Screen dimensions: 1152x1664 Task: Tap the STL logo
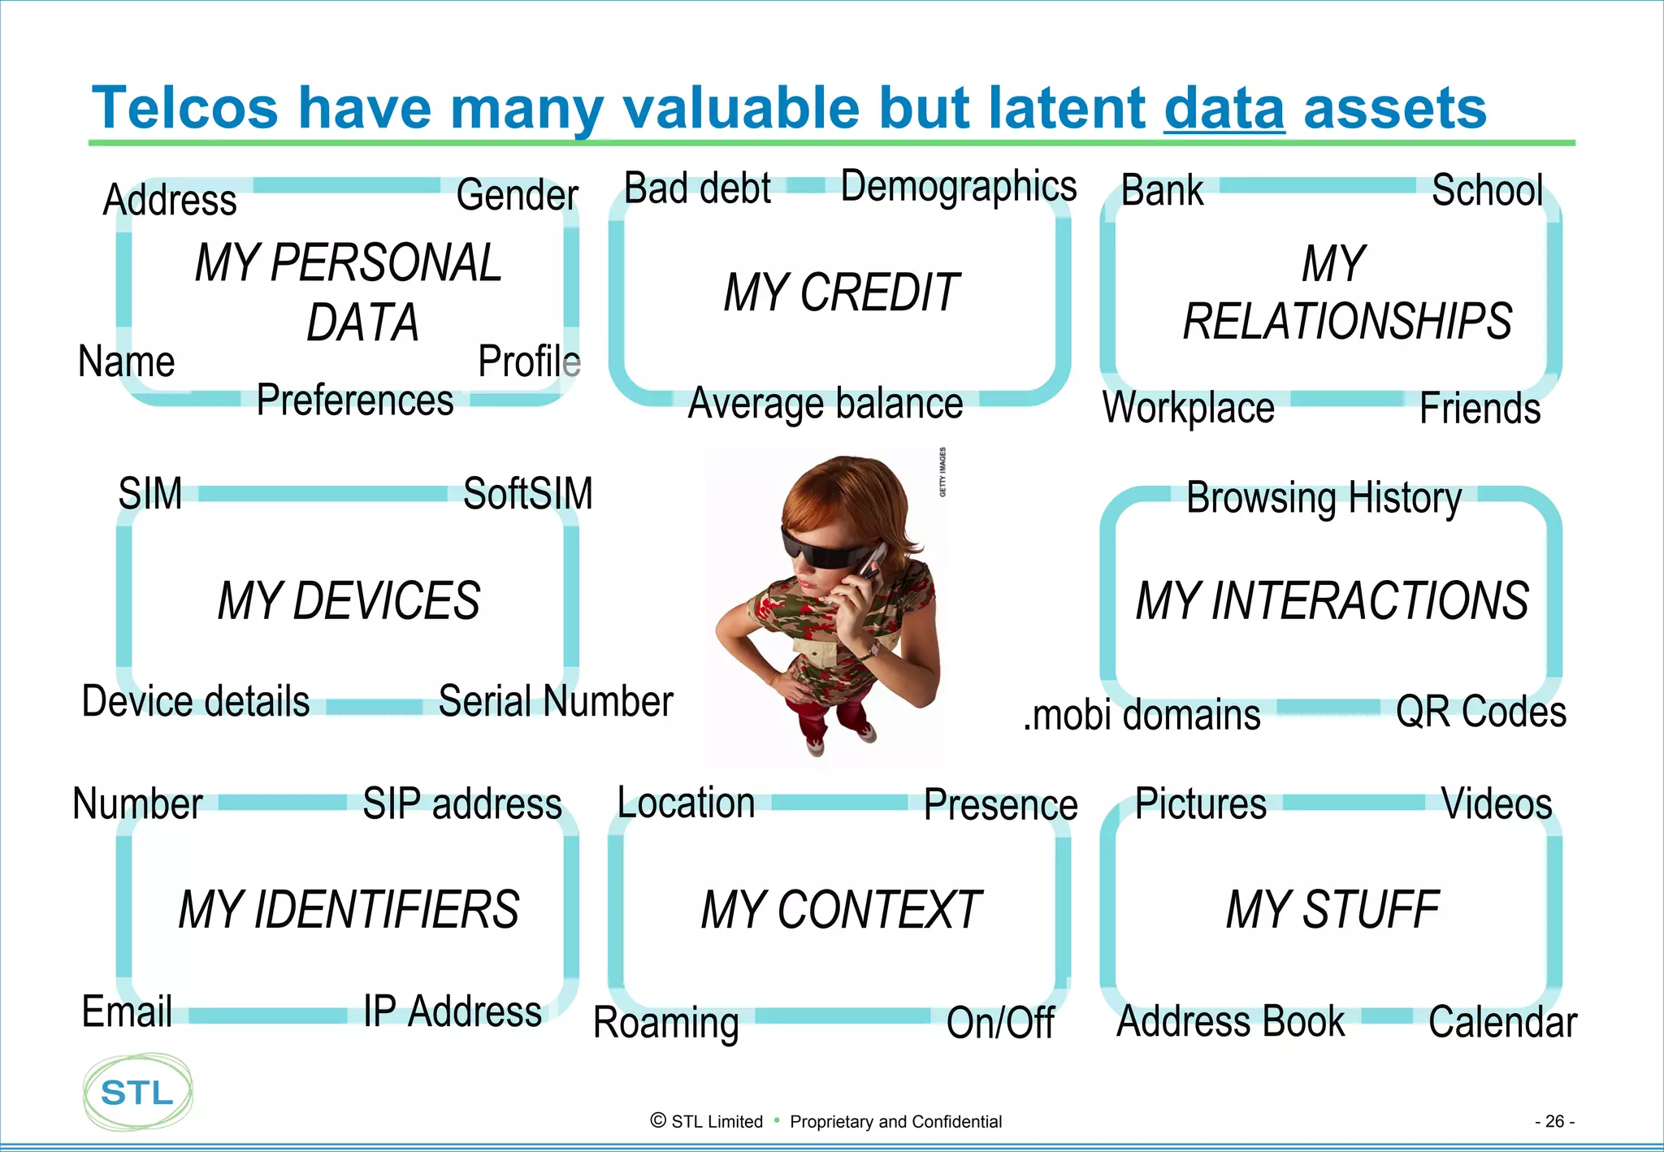point(137,1092)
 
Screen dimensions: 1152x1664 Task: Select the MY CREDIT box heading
point(841,292)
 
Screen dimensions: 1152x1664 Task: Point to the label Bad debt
point(697,188)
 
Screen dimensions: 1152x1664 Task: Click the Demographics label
point(958,187)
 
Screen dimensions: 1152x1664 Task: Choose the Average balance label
point(825,404)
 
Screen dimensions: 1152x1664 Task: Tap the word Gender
point(518,195)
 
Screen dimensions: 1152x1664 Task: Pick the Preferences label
point(355,400)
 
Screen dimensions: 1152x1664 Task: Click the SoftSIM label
point(528,493)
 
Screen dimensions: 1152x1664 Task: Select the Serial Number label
point(556,701)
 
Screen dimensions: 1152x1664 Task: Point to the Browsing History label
point(1324,498)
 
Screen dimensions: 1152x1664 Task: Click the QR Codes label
point(1480,712)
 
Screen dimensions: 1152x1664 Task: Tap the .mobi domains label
point(1142,715)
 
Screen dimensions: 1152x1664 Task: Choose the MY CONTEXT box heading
point(841,910)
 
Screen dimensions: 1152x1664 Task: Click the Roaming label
point(666,1022)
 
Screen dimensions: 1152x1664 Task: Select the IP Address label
point(453,1011)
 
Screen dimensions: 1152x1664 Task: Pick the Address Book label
point(1231,1021)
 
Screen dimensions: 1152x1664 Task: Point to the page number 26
point(1554,1121)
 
